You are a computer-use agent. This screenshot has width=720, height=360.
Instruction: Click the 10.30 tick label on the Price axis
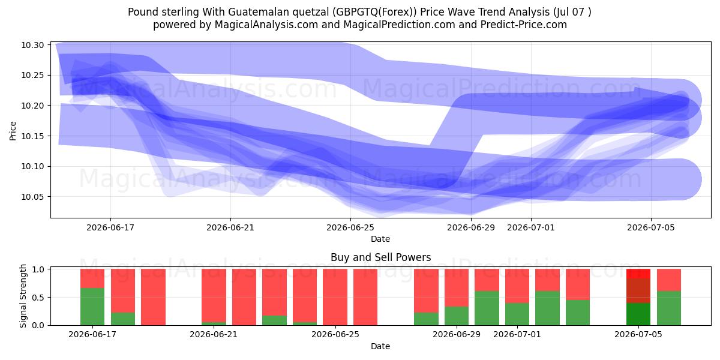(32, 45)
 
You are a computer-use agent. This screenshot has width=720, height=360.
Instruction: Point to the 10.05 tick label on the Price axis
(32, 197)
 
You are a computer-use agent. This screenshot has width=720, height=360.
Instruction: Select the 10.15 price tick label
(32, 136)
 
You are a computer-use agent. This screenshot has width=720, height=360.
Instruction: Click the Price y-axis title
(13, 131)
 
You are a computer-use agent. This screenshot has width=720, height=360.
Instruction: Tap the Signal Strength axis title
(23, 296)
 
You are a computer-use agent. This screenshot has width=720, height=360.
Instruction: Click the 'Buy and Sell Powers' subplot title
(380, 257)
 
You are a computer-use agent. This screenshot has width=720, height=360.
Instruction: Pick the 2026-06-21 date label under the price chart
(230, 227)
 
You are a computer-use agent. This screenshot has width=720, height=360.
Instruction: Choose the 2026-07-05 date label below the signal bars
(638, 335)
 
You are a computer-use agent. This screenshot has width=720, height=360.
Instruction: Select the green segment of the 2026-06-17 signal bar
(92, 307)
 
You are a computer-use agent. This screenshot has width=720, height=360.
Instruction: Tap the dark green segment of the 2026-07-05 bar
(638, 314)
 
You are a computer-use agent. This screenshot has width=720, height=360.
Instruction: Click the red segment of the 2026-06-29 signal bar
(457, 287)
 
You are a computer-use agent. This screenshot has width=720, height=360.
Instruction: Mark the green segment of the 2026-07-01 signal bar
(517, 314)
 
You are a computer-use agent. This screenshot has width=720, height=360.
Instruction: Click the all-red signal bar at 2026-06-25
(335, 297)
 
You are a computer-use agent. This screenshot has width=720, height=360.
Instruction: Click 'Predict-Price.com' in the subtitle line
(524, 25)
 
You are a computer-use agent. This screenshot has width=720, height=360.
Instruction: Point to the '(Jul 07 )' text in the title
(572, 12)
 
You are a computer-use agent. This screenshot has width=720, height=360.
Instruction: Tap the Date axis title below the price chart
(380, 239)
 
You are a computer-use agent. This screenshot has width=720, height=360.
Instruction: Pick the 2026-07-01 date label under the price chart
(530, 227)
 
